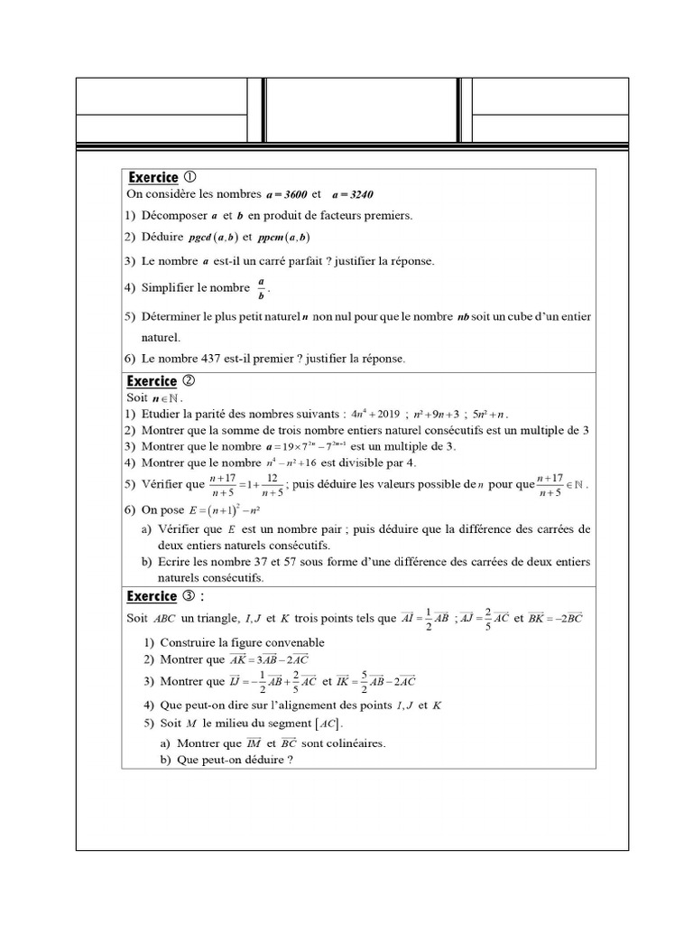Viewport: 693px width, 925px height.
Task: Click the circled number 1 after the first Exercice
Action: (x=190, y=178)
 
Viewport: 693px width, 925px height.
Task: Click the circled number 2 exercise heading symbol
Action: (x=189, y=381)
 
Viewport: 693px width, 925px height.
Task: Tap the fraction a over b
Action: (x=261, y=289)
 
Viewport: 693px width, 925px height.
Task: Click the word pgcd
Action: (x=199, y=238)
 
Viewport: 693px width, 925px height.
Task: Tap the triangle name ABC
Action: (x=166, y=619)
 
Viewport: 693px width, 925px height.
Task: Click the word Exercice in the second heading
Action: (x=152, y=381)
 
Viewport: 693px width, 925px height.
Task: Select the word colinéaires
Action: (x=354, y=743)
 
